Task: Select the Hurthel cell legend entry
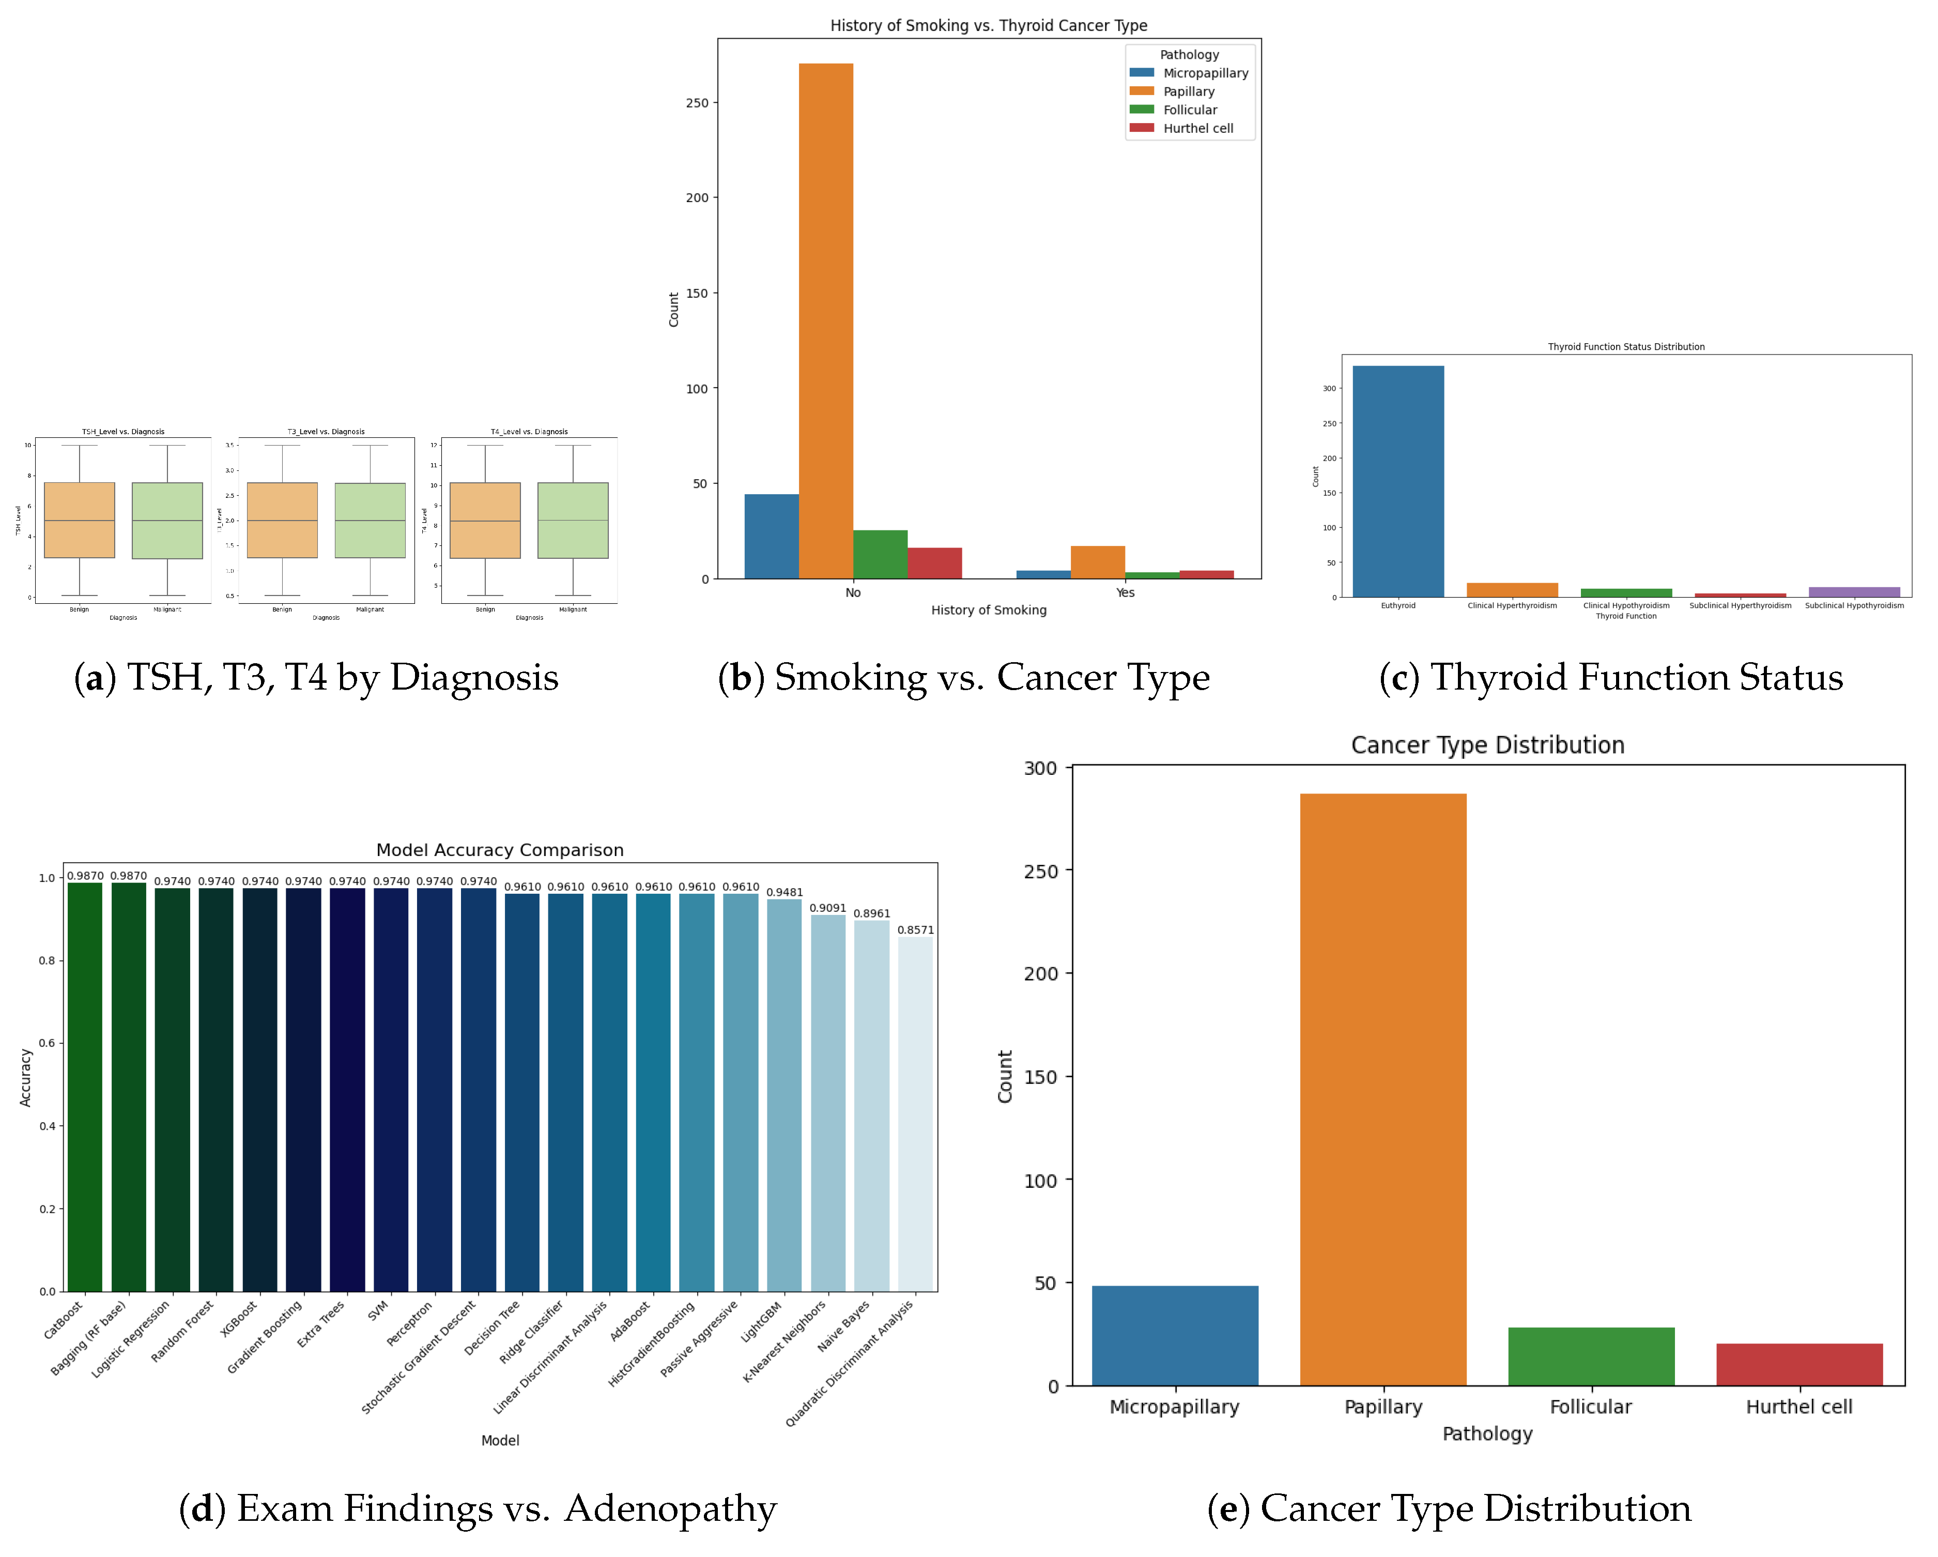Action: [x=1197, y=129]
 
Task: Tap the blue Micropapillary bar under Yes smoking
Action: [x=1043, y=574]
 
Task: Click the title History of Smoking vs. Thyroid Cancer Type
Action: [x=988, y=25]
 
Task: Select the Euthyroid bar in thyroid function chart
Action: [x=1398, y=481]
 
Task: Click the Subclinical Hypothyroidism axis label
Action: [x=1854, y=606]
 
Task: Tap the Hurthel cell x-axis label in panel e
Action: [x=1798, y=1407]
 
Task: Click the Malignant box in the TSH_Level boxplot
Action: [x=167, y=521]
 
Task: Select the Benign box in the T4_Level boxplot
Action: [x=485, y=521]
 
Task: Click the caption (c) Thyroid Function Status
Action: [x=1611, y=678]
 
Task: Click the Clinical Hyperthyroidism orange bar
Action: [x=1512, y=590]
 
